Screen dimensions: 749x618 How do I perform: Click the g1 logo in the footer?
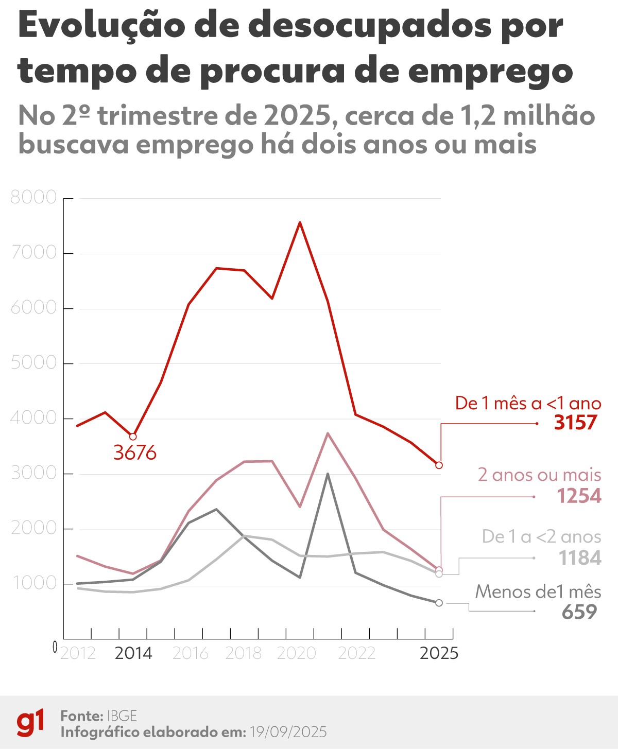click(30, 723)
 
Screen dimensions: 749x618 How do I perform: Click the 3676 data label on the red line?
click(134, 453)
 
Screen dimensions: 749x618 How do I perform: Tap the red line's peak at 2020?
click(300, 222)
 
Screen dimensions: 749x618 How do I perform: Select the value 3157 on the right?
click(575, 423)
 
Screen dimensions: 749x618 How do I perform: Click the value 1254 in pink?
click(578, 496)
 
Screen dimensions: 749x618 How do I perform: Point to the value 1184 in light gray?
click(579, 558)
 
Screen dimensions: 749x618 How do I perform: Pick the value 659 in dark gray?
click(579, 612)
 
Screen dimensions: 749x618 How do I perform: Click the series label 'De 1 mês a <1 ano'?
click(528, 403)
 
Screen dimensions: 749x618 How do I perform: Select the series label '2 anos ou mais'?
click(539, 475)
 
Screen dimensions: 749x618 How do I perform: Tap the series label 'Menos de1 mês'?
click(538, 591)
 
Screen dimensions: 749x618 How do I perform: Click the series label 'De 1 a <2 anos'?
click(541, 537)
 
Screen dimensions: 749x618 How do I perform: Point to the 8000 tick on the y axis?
click(33, 197)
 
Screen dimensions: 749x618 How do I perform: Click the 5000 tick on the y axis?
click(33, 363)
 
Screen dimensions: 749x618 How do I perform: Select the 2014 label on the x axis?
click(133, 653)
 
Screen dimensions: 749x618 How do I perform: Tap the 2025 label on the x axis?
click(439, 653)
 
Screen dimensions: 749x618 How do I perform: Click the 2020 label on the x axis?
click(296, 653)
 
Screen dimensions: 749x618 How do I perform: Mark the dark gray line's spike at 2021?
click(328, 474)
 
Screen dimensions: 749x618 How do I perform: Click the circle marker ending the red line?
click(439, 465)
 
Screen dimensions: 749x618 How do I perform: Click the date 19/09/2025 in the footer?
click(288, 732)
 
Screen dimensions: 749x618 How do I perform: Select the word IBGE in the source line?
click(122, 716)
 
